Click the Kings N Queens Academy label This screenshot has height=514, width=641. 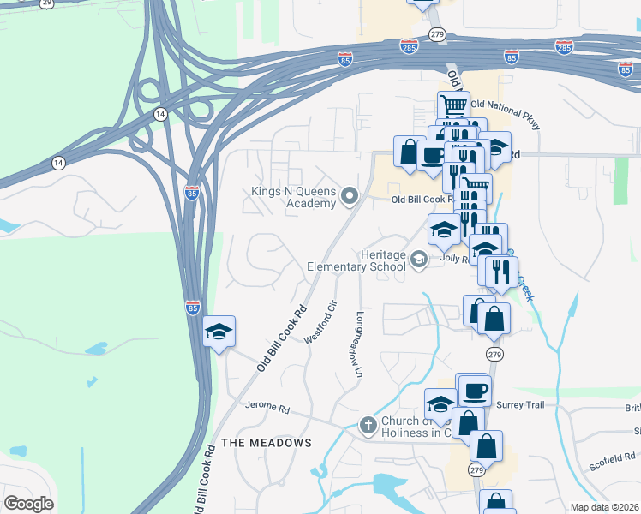(x=292, y=197)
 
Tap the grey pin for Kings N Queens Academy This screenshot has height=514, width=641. (x=349, y=198)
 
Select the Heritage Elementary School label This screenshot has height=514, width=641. (x=356, y=260)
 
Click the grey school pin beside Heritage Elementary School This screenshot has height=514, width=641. (x=419, y=260)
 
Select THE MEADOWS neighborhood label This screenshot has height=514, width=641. (x=267, y=442)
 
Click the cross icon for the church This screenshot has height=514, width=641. (x=368, y=425)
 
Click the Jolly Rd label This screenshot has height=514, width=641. (x=454, y=256)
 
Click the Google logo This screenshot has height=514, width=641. (x=27, y=504)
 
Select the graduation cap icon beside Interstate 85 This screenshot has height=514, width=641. (x=219, y=332)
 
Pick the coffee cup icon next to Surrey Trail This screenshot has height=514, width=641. (x=473, y=391)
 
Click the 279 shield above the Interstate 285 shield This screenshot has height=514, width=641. (x=438, y=34)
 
